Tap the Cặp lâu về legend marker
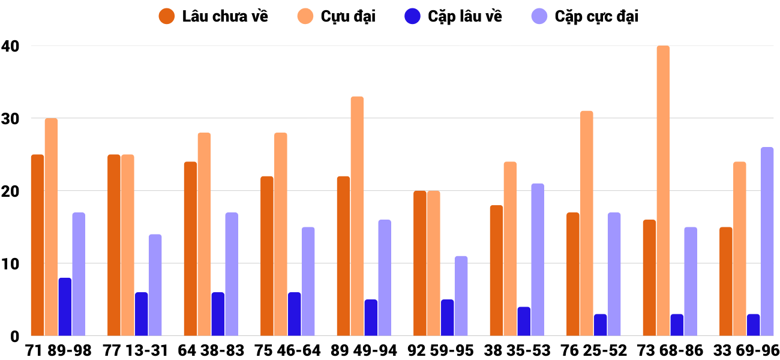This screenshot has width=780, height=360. (x=412, y=16)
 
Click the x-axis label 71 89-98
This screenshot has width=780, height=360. (x=58, y=350)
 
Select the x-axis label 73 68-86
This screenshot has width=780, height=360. (x=670, y=350)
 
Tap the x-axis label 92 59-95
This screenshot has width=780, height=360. (x=440, y=350)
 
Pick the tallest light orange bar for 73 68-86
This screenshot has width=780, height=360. (x=663, y=191)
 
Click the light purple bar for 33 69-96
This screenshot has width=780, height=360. (x=767, y=242)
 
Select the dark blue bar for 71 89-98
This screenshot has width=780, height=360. (x=65, y=307)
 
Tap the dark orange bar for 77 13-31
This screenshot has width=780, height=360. (x=114, y=245)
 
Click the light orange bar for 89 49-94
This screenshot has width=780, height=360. (x=357, y=216)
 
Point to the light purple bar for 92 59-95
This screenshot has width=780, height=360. (x=461, y=296)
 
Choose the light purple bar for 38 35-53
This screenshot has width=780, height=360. (x=538, y=260)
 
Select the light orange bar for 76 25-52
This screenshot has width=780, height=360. (x=586, y=223)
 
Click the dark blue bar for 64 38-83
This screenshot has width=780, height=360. (x=218, y=314)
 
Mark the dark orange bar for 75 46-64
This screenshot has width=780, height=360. (x=267, y=256)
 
